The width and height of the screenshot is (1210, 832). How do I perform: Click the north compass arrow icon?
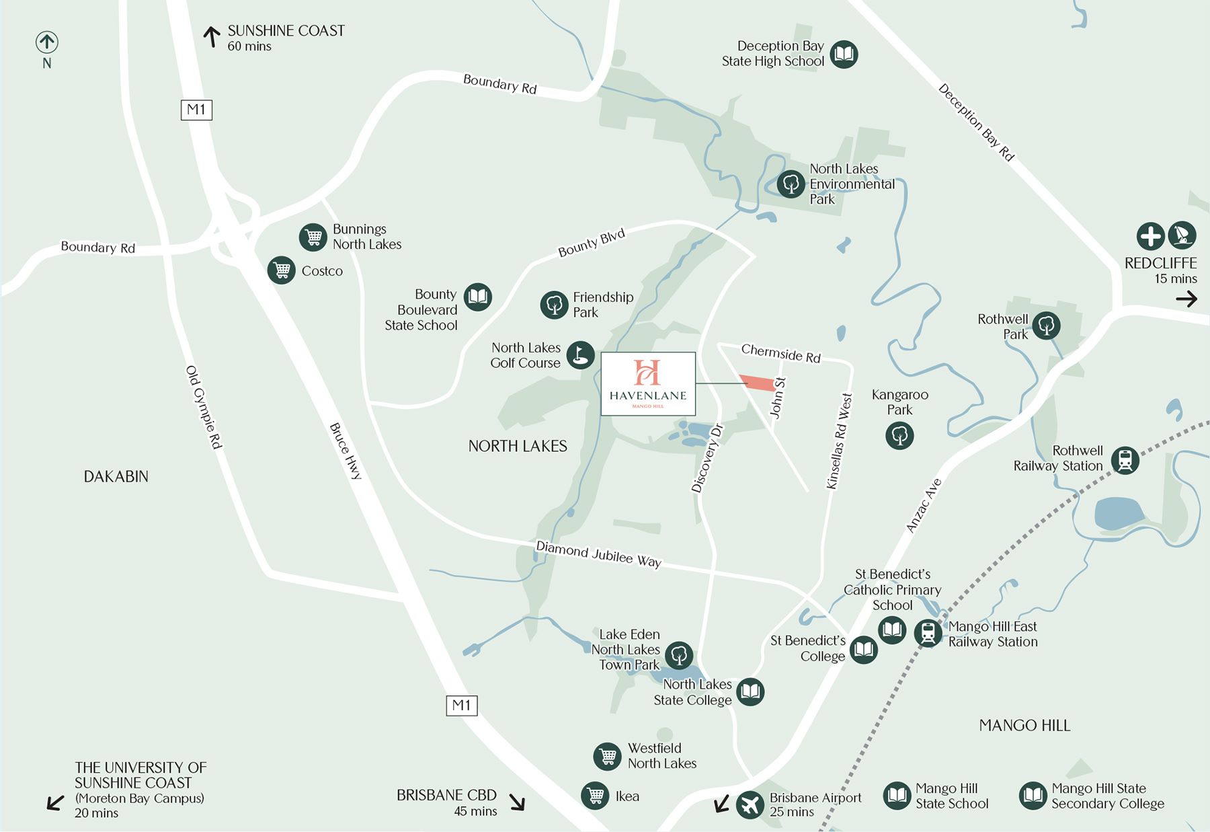tap(46, 42)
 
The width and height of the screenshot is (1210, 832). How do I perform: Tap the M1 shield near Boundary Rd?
tap(196, 110)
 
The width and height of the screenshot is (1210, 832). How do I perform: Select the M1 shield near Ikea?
tap(462, 706)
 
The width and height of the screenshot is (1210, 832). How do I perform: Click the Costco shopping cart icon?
tap(282, 270)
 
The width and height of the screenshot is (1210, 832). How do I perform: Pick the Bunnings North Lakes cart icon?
tap(313, 237)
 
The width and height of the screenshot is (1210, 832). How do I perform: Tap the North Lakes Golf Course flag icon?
tap(581, 355)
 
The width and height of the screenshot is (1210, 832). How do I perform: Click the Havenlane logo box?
tap(648, 383)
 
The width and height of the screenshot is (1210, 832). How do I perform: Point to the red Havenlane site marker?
tap(758, 383)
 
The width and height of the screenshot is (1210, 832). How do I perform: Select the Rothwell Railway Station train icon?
tap(1125, 460)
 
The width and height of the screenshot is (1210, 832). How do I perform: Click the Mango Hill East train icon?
tap(928, 634)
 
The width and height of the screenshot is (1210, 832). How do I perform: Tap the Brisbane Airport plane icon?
tap(750, 804)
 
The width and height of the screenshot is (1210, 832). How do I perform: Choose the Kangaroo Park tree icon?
tap(899, 435)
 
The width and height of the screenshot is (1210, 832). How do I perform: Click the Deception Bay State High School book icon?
tap(844, 54)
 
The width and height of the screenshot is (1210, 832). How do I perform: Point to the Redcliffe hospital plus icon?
tap(1150, 236)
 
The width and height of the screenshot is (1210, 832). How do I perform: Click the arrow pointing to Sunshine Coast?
tap(212, 36)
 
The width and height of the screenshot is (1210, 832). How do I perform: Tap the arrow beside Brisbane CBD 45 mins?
tap(516, 802)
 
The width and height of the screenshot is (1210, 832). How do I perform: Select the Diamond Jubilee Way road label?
tap(598, 554)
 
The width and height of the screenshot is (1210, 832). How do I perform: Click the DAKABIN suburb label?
tap(116, 477)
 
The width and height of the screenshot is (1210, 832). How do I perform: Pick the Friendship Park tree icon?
tap(555, 305)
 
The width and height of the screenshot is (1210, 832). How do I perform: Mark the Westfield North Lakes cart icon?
tap(607, 756)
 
